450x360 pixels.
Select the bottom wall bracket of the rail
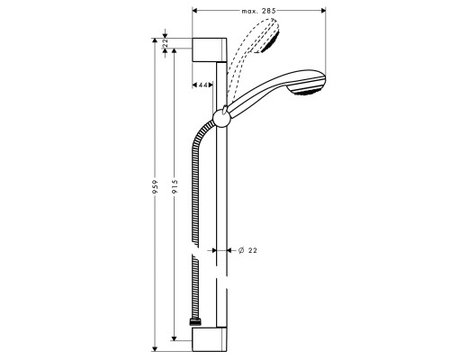click(212, 338)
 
